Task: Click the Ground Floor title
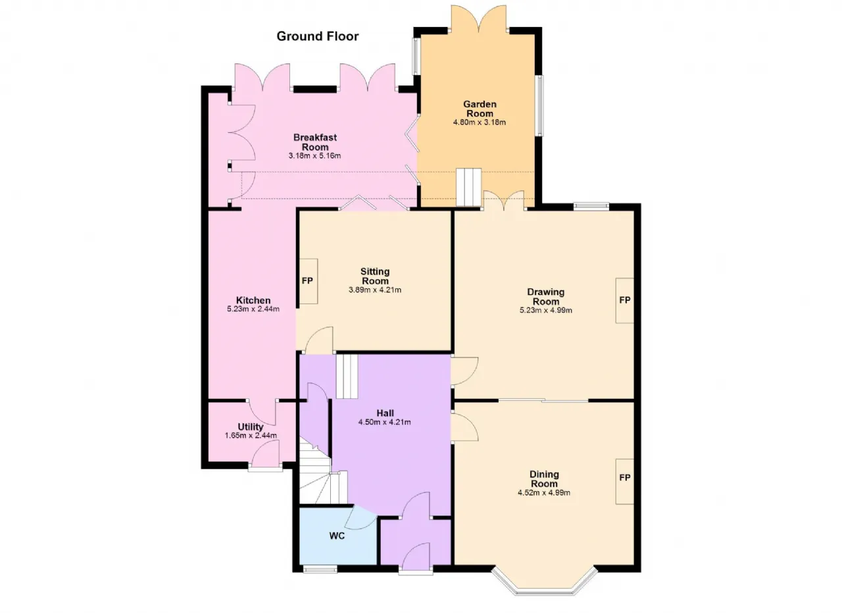point(318,36)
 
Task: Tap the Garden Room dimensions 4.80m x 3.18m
point(480,122)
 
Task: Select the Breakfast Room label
point(315,142)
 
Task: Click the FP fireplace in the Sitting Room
point(308,281)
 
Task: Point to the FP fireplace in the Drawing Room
point(624,300)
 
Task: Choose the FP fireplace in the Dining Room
point(624,478)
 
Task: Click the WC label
point(337,536)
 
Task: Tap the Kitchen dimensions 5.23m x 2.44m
point(253,309)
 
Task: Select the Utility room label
point(251,427)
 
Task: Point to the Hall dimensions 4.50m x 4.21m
point(385,422)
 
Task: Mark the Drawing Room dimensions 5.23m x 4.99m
point(546,311)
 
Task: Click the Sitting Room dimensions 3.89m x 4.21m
point(375,290)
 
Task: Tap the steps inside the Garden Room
point(469,188)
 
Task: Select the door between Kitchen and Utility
point(262,412)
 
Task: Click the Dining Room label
point(544,479)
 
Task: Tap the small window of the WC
point(320,570)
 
